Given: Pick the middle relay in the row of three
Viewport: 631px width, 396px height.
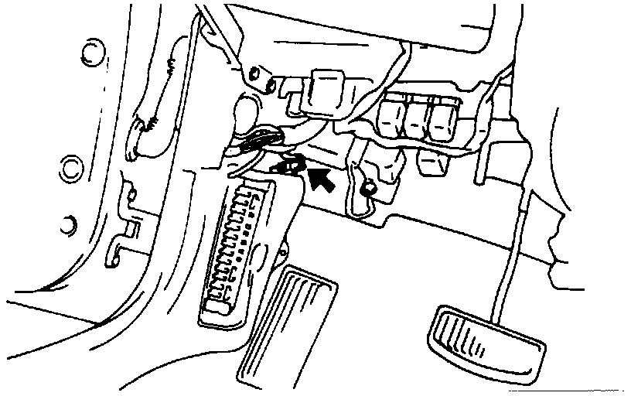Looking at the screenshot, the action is (x=416, y=119).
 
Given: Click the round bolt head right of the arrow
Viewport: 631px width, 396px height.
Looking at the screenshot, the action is (x=370, y=186).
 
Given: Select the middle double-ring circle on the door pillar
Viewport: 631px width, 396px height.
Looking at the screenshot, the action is (x=71, y=166).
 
